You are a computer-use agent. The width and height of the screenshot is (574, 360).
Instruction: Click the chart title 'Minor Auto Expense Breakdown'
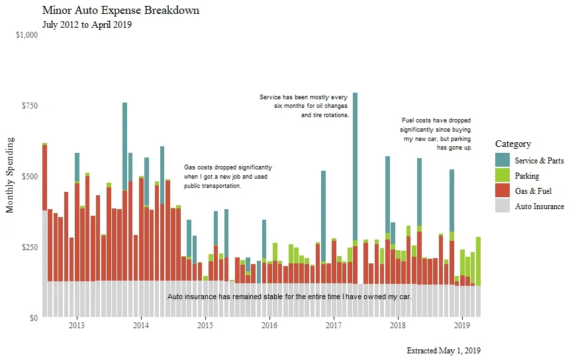coord(120,11)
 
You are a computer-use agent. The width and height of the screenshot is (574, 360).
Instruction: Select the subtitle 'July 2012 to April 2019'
coord(87,25)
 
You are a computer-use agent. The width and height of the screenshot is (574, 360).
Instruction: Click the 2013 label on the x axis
coord(77,326)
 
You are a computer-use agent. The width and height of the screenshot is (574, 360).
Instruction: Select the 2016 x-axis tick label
coord(269,326)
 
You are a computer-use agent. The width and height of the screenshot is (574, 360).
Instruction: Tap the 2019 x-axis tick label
coord(462,326)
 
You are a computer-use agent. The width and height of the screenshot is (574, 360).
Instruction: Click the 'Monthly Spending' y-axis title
coord(10,176)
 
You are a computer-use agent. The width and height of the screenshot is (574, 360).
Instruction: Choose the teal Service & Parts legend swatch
coord(502,160)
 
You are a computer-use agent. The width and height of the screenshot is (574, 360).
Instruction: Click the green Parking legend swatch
coord(502,176)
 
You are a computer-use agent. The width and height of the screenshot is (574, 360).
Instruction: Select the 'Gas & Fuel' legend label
coord(533,191)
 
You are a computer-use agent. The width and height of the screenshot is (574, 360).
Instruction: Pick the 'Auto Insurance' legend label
coord(540,206)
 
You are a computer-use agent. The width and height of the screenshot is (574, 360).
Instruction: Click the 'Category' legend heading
coord(513,144)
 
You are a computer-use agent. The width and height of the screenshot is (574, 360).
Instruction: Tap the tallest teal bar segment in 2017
coord(355,166)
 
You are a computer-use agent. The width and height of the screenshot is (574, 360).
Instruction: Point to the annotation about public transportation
coord(227,177)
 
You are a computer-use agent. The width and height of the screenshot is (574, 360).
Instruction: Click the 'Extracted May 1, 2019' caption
coord(444,350)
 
